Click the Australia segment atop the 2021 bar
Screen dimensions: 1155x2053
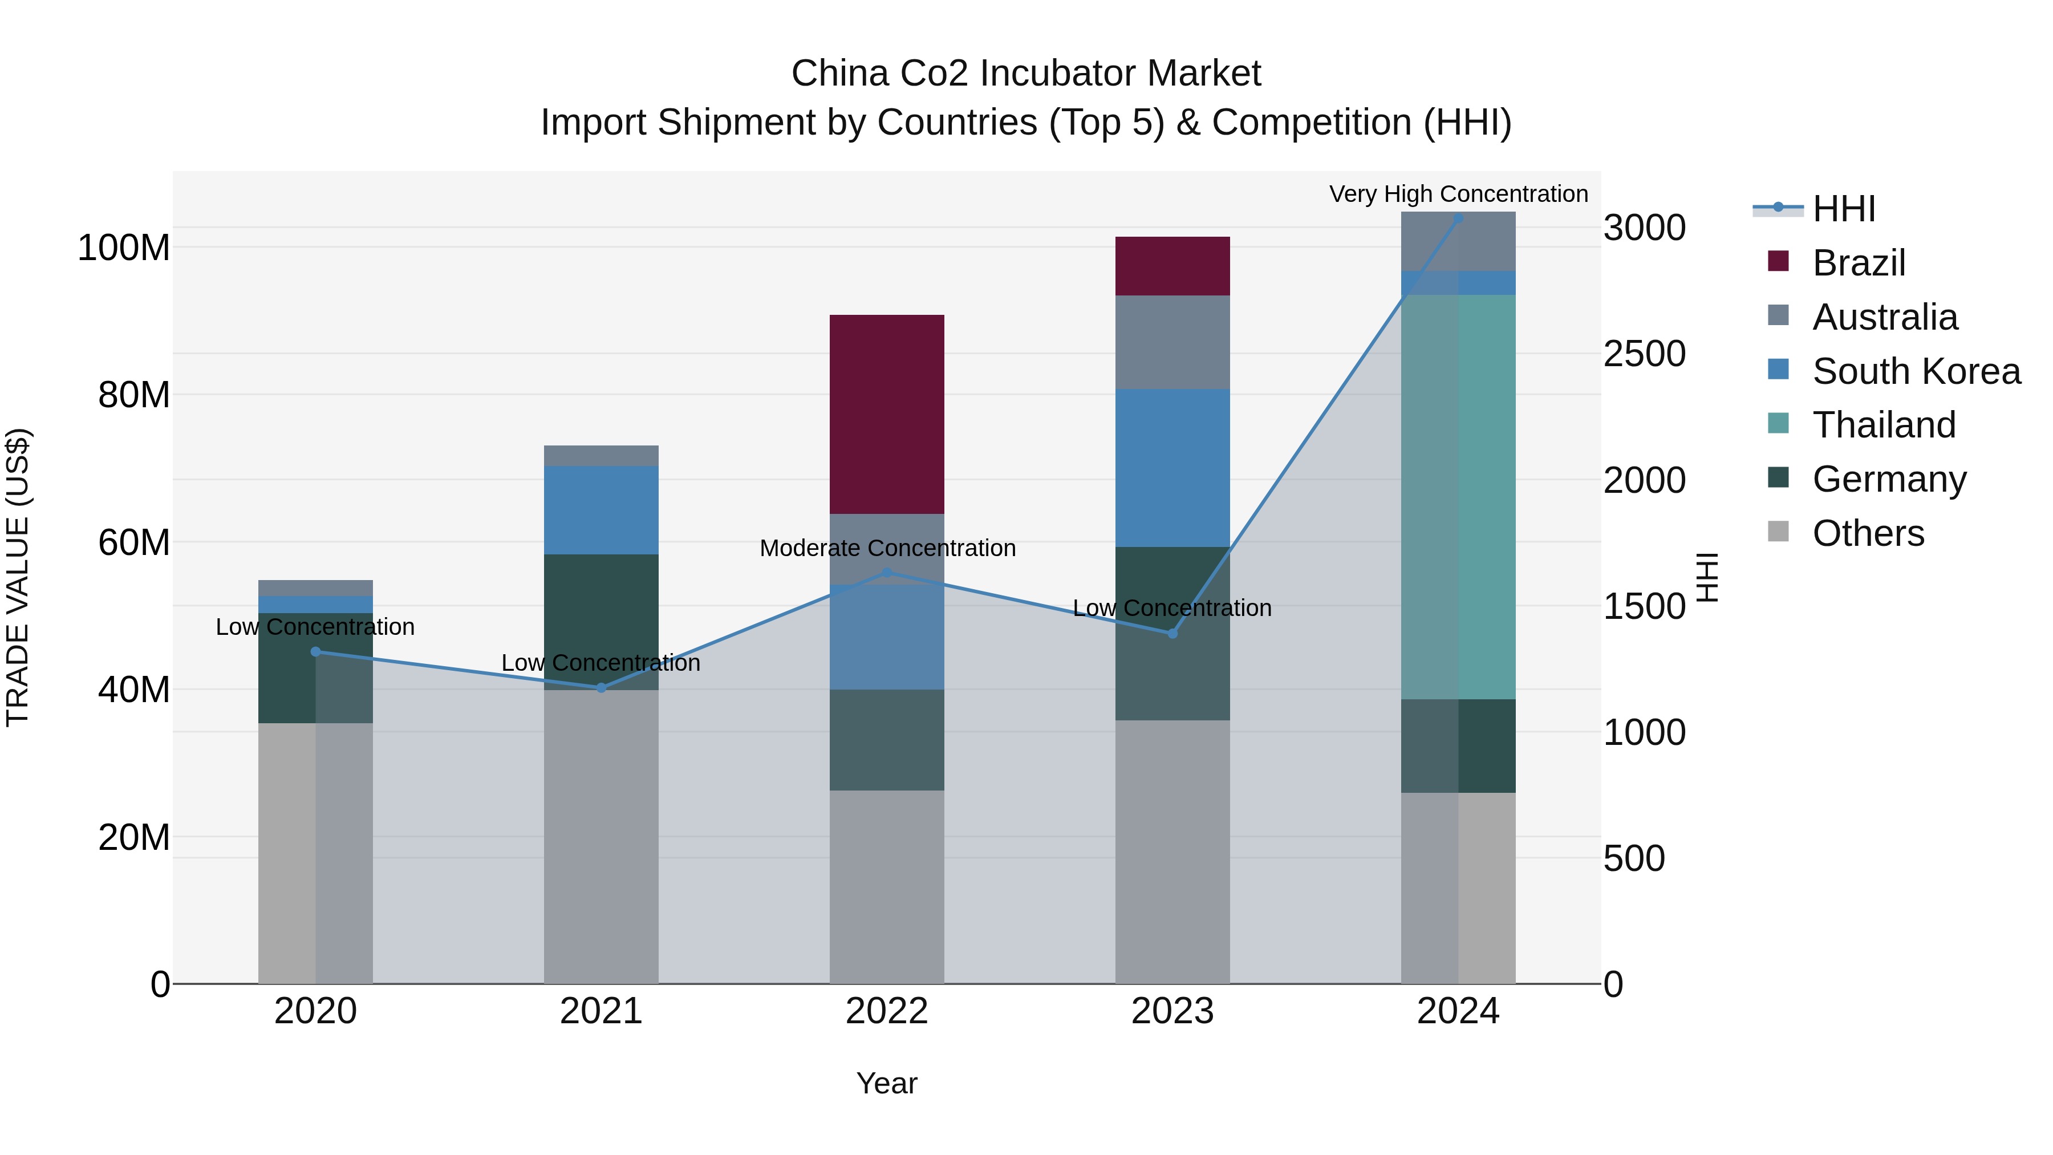[601, 455]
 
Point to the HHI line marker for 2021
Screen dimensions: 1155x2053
[601, 688]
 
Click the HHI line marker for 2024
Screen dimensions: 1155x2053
[1458, 218]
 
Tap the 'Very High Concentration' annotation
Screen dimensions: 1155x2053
[1458, 194]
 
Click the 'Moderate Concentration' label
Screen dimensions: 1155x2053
[887, 548]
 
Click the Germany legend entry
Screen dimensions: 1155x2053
[1889, 479]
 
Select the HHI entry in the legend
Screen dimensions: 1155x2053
[1843, 209]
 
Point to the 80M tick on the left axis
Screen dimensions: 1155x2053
[134, 395]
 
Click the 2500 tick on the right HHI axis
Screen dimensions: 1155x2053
[1644, 354]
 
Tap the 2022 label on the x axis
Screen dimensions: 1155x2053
[886, 1011]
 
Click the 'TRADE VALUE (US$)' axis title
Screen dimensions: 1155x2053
[18, 577]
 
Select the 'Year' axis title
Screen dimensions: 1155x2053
[886, 1083]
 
